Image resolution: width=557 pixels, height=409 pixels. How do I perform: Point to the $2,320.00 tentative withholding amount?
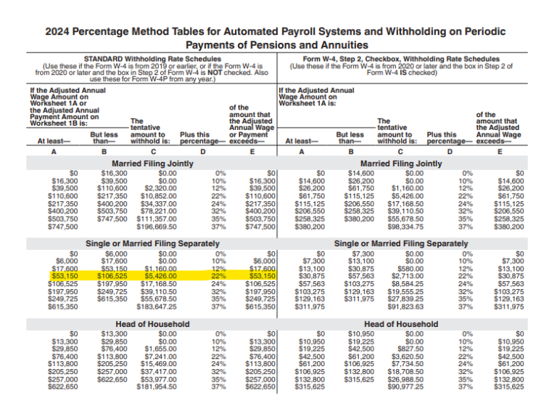pos(162,187)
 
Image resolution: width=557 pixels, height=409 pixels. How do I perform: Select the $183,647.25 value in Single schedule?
pos(157,307)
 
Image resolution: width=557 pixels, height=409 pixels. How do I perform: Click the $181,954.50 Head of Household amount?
pos(157,386)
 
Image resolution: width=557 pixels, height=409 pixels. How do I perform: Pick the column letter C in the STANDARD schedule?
pos(152,152)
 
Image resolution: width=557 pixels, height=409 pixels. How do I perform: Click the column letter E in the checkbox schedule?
pos(499,152)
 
